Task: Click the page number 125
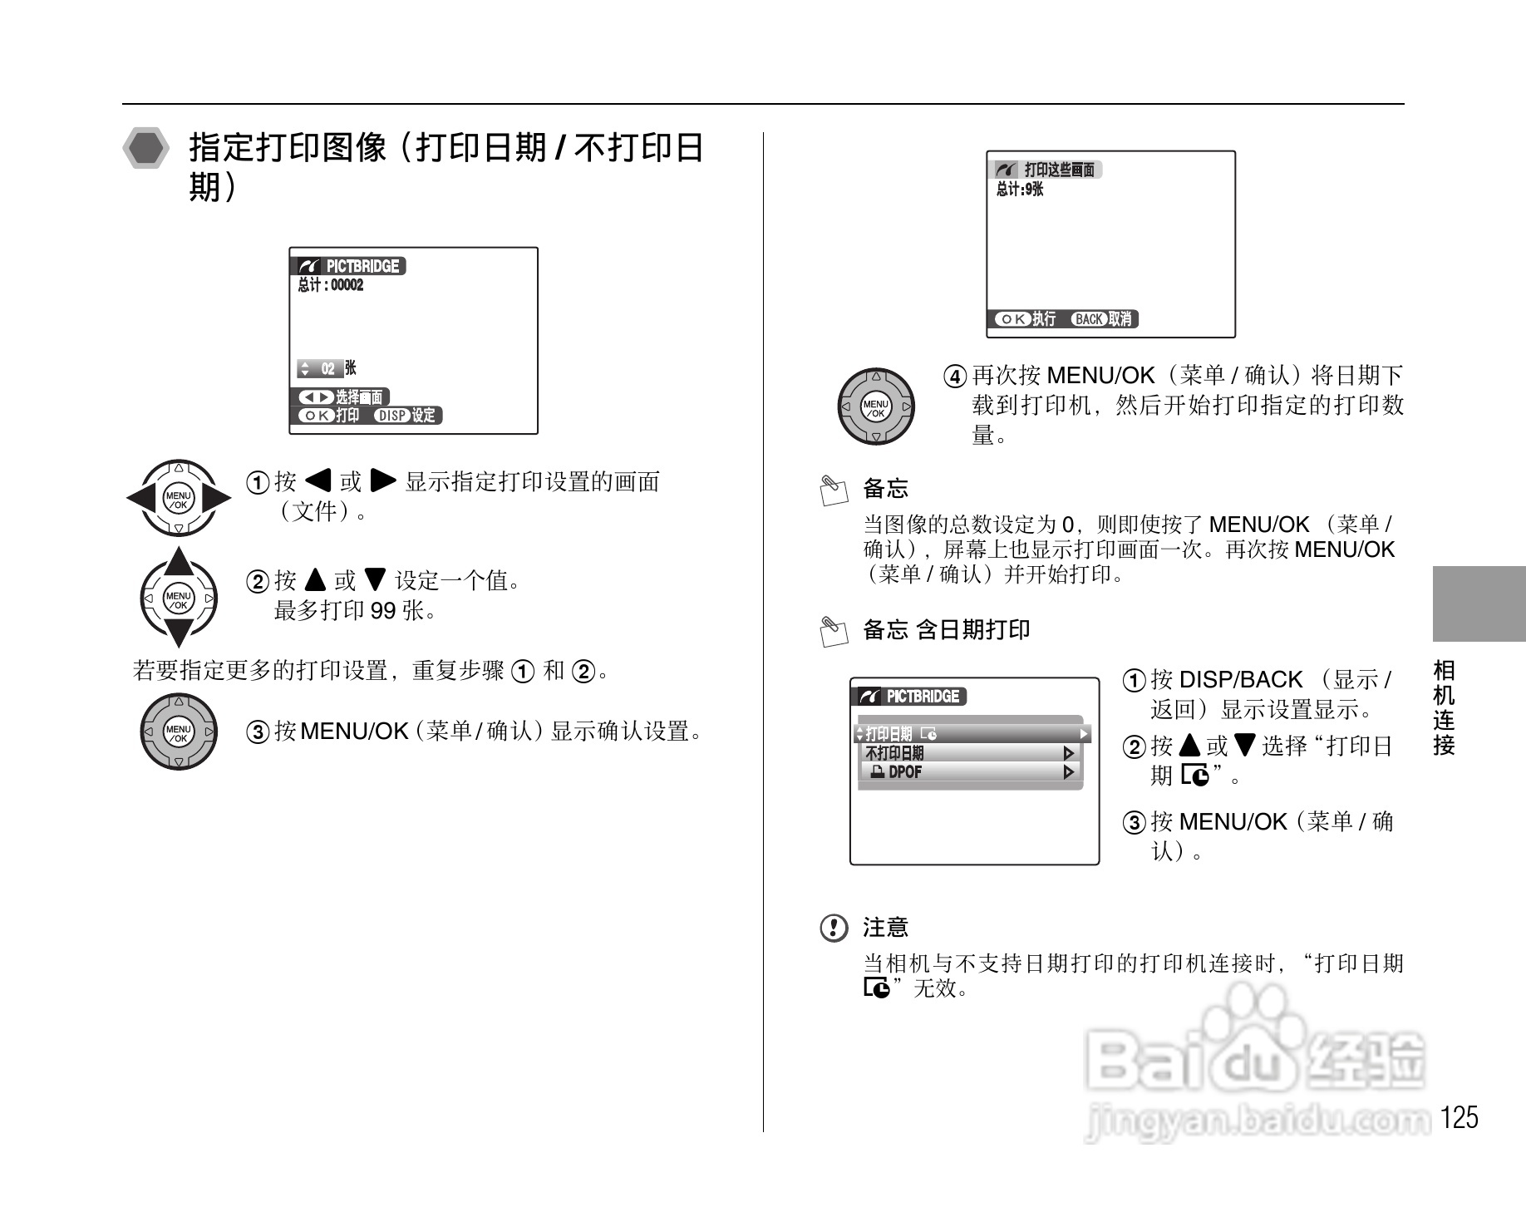(x=1460, y=1117)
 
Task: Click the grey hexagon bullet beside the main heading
(x=146, y=149)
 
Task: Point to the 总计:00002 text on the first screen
(x=331, y=285)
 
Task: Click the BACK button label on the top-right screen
(x=1088, y=319)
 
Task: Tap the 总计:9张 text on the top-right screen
(x=1020, y=190)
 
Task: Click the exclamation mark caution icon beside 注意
(x=834, y=928)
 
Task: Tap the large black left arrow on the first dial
(x=141, y=499)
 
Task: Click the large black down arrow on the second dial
(x=179, y=633)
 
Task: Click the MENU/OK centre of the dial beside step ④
(x=875, y=407)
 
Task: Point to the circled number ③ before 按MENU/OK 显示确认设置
(x=258, y=732)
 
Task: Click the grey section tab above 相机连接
(x=1479, y=603)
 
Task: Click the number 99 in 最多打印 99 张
(x=382, y=612)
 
